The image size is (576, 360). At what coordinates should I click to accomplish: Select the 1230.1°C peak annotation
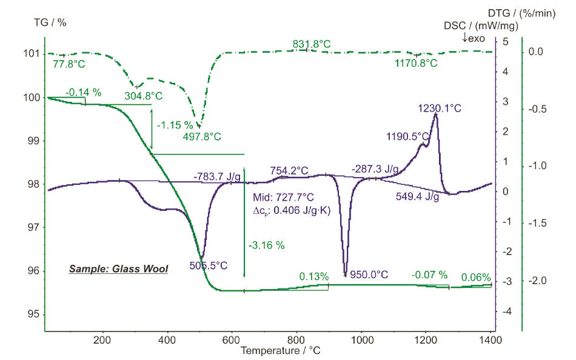click(440, 108)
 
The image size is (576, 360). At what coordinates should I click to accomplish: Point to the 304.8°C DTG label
click(143, 96)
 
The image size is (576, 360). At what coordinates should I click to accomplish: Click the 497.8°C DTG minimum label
click(203, 136)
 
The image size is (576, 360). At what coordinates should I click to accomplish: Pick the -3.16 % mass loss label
click(266, 245)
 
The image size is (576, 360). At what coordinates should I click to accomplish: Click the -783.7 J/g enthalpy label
click(217, 176)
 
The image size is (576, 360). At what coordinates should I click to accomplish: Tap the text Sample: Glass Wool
click(118, 268)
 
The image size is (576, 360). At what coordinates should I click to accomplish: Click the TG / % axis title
click(50, 22)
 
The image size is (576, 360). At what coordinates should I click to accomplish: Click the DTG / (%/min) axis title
click(521, 13)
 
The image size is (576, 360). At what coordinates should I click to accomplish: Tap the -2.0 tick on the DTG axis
click(538, 281)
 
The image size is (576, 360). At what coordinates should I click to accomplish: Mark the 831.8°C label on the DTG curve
click(312, 44)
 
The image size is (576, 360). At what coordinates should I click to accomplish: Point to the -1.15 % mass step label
click(174, 125)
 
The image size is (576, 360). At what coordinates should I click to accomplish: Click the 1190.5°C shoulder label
click(408, 137)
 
